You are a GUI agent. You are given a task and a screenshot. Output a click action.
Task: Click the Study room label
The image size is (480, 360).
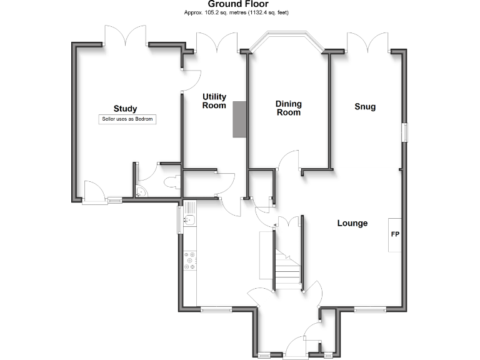point(125,109)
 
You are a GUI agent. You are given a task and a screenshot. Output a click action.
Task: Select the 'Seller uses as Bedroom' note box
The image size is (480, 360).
point(127,119)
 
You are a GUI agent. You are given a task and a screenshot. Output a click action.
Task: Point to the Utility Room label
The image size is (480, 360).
point(214,101)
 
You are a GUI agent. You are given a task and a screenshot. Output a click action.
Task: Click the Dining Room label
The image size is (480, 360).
point(289,108)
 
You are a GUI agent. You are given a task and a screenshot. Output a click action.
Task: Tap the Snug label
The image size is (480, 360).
point(365,107)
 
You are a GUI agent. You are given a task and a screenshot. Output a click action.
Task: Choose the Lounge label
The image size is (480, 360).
point(352,223)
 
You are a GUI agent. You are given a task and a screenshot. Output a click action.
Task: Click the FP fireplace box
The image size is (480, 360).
point(395,235)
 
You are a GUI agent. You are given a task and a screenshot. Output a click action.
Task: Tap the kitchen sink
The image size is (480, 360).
point(190,219)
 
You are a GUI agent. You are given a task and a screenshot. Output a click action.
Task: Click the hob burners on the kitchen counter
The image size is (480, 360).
point(190,261)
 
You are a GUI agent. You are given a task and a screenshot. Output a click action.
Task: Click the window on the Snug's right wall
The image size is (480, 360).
point(404,132)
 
